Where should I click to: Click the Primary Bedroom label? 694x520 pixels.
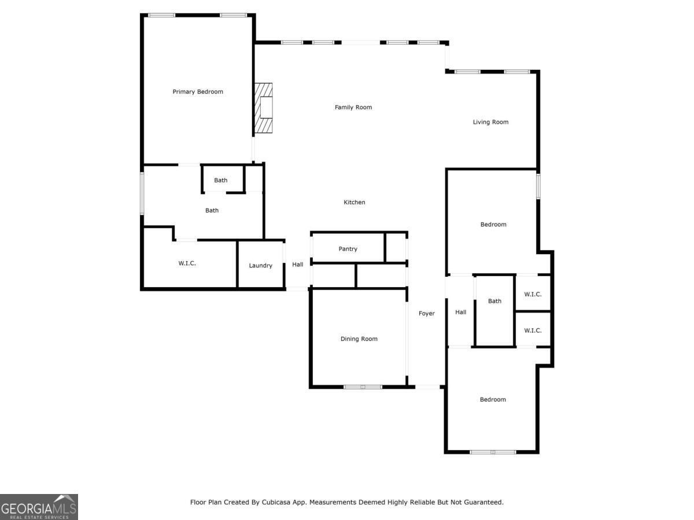[x=198, y=92]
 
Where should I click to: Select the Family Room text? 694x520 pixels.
[x=353, y=107]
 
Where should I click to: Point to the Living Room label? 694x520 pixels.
[x=490, y=122]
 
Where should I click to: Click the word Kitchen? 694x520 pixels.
[x=355, y=202]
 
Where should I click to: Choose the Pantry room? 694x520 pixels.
[x=348, y=249]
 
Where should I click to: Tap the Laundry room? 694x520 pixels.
[x=260, y=266]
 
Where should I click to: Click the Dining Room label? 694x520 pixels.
[x=359, y=339]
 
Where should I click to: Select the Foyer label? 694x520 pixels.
[x=427, y=314]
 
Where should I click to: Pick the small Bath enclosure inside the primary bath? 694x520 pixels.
[x=221, y=180]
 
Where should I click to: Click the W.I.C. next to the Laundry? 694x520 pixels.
[x=187, y=263]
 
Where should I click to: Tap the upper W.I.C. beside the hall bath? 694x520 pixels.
[x=533, y=294]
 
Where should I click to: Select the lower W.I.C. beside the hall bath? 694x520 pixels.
[x=533, y=330]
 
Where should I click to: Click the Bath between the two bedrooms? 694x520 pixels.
[x=494, y=301]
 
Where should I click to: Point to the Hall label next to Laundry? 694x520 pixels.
[x=298, y=265]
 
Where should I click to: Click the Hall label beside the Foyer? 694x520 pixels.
[x=460, y=313]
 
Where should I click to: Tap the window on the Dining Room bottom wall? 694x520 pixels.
[x=363, y=387]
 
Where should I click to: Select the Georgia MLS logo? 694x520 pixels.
[x=39, y=507]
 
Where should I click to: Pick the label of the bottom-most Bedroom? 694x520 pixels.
[x=493, y=400]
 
